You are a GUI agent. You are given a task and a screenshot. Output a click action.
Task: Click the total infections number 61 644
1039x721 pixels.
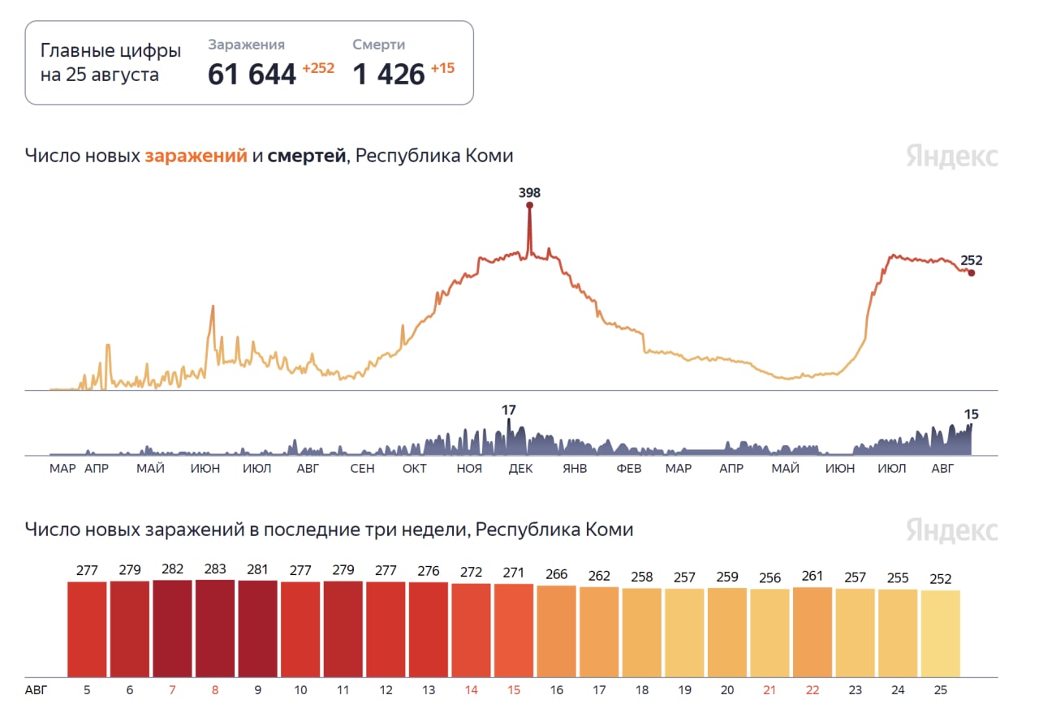(x=252, y=75)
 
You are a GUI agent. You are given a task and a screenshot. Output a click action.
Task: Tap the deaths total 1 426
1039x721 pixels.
(x=389, y=75)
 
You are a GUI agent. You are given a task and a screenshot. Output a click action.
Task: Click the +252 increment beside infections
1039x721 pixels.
(x=318, y=69)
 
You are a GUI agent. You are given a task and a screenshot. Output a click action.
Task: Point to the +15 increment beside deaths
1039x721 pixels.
(x=442, y=69)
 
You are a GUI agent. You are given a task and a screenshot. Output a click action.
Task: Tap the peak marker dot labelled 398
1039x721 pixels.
(x=530, y=206)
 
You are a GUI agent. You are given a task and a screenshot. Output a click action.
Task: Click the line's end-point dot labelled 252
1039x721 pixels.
(x=971, y=273)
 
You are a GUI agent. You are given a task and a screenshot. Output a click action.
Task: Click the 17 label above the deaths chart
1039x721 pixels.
(x=509, y=410)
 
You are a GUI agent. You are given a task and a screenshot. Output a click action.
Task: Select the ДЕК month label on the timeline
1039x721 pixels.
(x=520, y=469)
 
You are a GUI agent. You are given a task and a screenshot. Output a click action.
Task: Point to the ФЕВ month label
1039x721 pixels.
(x=628, y=469)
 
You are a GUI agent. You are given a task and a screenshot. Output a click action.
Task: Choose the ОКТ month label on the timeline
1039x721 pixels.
(x=415, y=469)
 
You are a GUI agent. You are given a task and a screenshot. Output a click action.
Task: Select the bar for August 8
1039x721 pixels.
(x=215, y=628)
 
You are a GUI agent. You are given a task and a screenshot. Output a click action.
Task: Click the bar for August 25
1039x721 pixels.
(x=941, y=633)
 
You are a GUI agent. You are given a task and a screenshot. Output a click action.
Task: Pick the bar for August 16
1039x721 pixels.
(x=556, y=631)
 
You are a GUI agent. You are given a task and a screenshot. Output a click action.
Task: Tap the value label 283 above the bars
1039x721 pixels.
(x=215, y=570)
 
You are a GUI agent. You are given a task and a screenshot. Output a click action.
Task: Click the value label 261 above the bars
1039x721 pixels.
(x=813, y=577)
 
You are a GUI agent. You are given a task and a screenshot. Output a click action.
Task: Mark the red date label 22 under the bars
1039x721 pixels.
(x=813, y=690)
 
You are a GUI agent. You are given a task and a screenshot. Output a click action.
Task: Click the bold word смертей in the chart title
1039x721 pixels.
(x=307, y=156)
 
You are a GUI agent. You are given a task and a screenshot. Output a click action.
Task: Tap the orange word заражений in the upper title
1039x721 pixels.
(x=196, y=156)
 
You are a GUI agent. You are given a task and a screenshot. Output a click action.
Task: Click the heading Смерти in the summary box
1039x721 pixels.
(x=378, y=45)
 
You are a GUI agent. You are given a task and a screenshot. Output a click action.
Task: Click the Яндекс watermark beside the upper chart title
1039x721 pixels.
(x=952, y=157)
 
